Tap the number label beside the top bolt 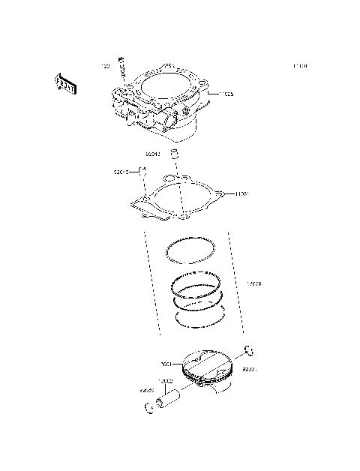pos(106,67)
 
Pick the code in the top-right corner pos(299,67)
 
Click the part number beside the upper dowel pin pos(153,154)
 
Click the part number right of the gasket pos(241,193)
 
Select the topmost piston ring pos(192,250)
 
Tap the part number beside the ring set pos(254,283)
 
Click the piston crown pos(205,363)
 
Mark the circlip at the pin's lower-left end pos(147,408)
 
